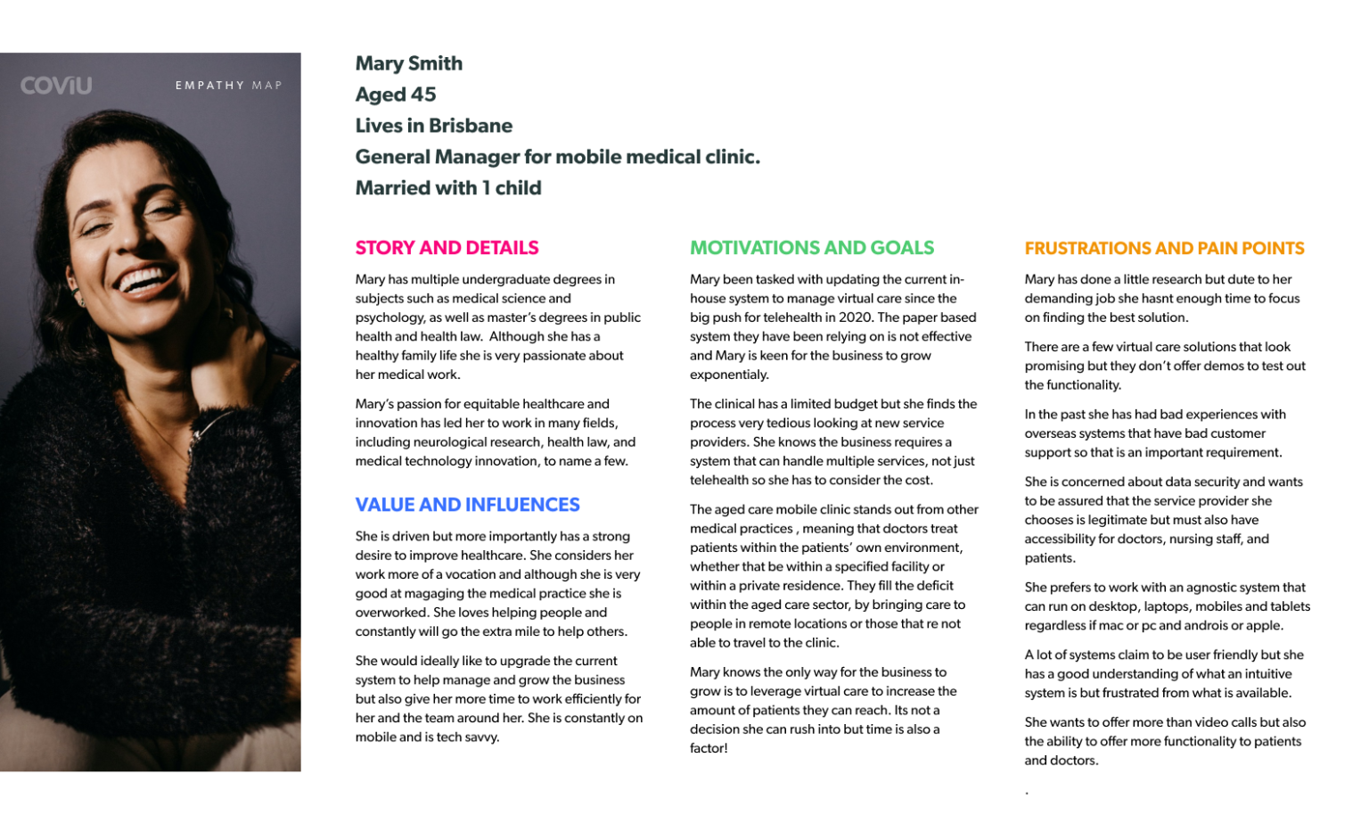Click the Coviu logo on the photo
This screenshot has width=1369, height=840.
coord(56,86)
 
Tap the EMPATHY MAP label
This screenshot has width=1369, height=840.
coord(228,86)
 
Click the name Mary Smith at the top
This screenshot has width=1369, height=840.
coord(408,63)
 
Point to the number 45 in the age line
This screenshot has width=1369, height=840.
coord(423,95)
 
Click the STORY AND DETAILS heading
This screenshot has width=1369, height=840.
coord(447,248)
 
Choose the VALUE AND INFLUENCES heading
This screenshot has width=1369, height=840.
coord(467,505)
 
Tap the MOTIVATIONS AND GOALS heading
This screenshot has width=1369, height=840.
coord(811,248)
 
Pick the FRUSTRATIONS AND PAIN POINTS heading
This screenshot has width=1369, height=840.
coord(1164,249)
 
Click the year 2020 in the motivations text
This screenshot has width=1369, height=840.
coord(856,317)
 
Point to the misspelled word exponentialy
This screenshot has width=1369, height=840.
coord(728,375)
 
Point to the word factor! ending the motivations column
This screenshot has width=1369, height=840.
coord(709,748)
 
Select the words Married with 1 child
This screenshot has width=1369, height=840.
coord(447,188)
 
